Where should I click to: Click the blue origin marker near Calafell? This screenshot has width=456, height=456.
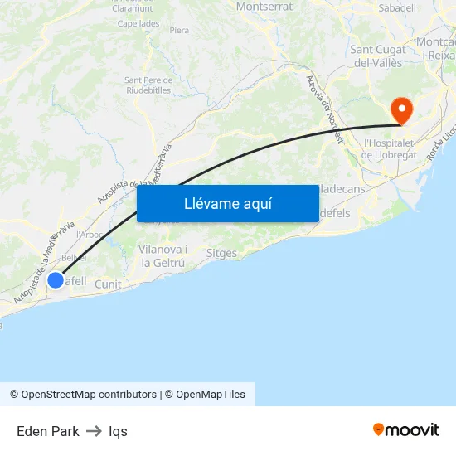pyautogui.click(x=56, y=280)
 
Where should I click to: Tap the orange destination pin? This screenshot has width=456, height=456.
pyautogui.click(x=401, y=110)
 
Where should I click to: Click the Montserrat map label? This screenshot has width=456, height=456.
pyautogui.click(x=264, y=7)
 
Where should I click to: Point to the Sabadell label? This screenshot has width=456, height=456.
pyautogui.click(x=396, y=8)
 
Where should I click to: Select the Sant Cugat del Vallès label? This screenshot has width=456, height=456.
pyautogui.click(x=378, y=56)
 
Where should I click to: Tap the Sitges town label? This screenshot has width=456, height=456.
pyautogui.click(x=221, y=254)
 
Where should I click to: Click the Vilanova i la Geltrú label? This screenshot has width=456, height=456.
pyautogui.click(x=163, y=256)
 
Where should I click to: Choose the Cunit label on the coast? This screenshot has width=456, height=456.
pyautogui.click(x=108, y=284)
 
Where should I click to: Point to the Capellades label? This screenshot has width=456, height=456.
pyautogui.click(x=138, y=24)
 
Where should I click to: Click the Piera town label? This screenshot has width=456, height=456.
pyautogui.click(x=179, y=31)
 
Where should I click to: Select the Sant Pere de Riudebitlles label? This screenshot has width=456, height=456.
pyautogui.click(x=148, y=85)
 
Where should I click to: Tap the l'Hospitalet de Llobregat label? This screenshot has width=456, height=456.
pyautogui.click(x=395, y=148)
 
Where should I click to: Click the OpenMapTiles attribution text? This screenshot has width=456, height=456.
pyautogui.click(x=211, y=395)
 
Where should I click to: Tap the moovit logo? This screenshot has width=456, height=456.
pyautogui.click(x=406, y=429)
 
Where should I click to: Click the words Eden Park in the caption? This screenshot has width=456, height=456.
pyautogui.click(x=48, y=431)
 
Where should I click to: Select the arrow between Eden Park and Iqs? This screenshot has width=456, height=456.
pyautogui.click(x=94, y=431)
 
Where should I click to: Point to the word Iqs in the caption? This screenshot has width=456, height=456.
pyautogui.click(x=118, y=431)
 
